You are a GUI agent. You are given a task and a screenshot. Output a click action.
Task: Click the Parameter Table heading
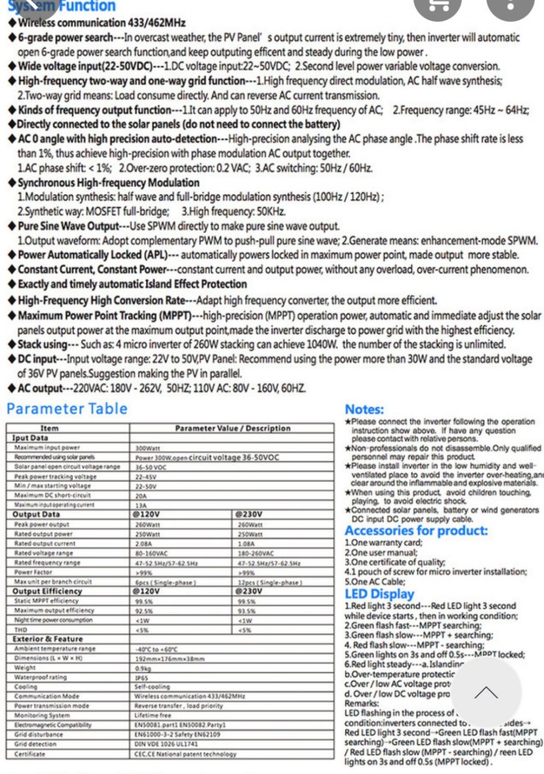click(x=67, y=409)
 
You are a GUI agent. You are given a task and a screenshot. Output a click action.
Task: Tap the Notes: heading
click(x=364, y=409)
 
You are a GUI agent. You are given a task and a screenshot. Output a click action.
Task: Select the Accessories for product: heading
click(x=416, y=531)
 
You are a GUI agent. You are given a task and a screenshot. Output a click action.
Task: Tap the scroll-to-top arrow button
click(x=486, y=693)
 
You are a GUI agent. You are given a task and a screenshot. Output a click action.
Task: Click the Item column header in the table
click(x=49, y=428)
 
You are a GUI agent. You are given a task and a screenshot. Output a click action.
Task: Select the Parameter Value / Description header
click(x=232, y=428)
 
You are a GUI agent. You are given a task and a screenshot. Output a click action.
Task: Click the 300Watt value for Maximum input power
click(x=148, y=448)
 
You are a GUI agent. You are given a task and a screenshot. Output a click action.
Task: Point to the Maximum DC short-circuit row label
click(x=53, y=495)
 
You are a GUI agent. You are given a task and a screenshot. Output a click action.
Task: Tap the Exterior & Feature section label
click(x=48, y=639)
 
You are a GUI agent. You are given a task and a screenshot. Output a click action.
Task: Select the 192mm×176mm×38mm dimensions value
click(x=170, y=658)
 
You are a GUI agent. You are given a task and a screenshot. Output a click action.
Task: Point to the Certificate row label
click(x=30, y=754)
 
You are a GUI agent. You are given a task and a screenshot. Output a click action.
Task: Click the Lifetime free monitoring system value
click(x=153, y=715)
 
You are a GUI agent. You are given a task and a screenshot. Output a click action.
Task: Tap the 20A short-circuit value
click(x=142, y=495)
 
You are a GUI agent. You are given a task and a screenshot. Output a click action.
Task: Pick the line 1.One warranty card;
click(x=383, y=543)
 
